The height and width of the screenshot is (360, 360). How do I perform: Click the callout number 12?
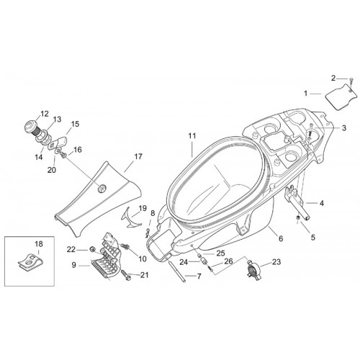45,114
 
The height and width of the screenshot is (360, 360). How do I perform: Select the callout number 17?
138,156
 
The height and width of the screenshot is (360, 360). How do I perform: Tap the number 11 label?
192,136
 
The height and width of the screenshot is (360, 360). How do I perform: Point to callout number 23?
276,262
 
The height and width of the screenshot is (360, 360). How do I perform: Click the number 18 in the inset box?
39,244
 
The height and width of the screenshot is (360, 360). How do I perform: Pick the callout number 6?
281,238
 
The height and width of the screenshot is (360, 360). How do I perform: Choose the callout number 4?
321,203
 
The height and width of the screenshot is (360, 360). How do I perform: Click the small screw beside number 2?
351,81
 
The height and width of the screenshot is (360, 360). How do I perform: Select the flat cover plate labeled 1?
341,96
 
